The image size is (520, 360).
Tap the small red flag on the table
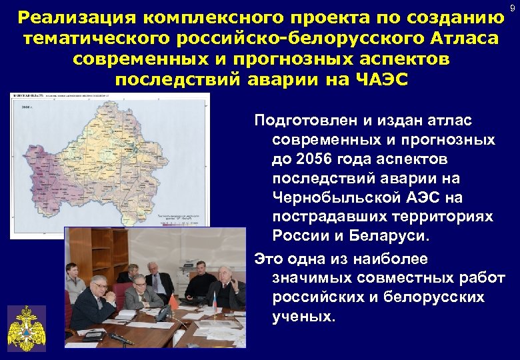(175, 303)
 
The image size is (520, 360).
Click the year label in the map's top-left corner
(27, 107)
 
